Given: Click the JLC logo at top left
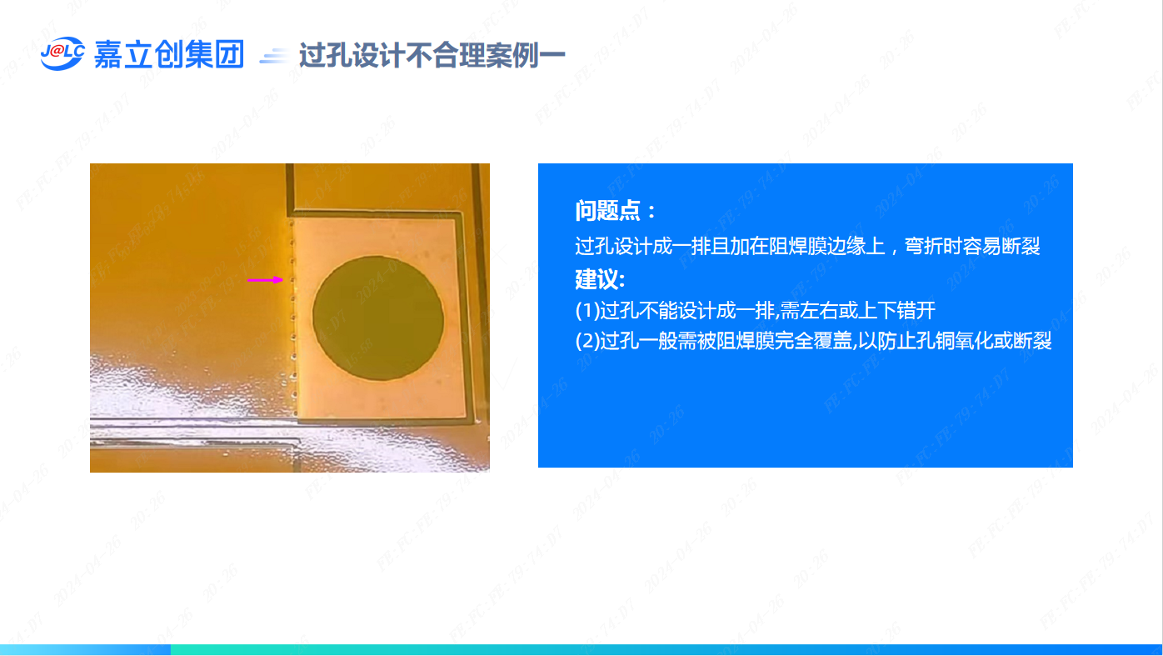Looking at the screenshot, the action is [62, 53].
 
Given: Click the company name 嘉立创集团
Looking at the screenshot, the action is [169, 54].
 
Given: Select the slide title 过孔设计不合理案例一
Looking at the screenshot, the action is [432, 55].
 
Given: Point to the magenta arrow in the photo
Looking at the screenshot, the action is [265, 280].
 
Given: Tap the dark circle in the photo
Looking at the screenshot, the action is [378, 318].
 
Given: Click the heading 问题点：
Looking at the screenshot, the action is [616, 211].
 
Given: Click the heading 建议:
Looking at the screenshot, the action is [600, 279].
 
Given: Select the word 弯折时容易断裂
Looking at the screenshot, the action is [972, 246].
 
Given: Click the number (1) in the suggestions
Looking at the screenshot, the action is [587, 311].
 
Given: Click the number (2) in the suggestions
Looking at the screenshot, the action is [587, 341].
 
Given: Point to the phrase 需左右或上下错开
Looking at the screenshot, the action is [858, 311].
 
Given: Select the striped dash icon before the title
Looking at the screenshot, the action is [274, 56].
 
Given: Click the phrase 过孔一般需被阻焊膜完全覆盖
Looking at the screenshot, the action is [726, 341].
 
